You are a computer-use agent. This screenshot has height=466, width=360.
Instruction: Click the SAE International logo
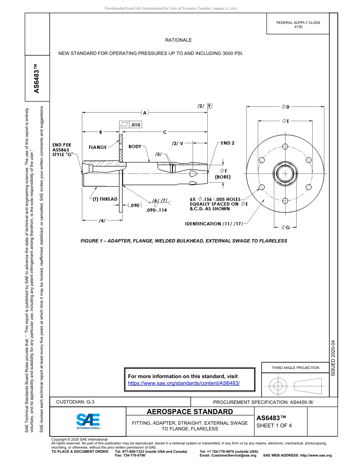(x=88, y=421)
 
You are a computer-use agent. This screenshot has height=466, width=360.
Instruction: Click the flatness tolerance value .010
(x=135, y=125)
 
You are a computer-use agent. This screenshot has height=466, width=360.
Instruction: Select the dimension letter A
(x=145, y=113)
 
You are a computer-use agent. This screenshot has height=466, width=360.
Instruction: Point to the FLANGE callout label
(x=97, y=147)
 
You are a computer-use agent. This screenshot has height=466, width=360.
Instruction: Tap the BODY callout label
(x=135, y=147)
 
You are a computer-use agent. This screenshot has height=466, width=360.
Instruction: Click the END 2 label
(x=228, y=143)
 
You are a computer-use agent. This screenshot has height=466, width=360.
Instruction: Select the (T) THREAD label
(x=105, y=199)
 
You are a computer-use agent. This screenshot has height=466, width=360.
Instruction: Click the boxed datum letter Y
(x=210, y=106)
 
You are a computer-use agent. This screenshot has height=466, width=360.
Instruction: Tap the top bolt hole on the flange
(x=285, y=147)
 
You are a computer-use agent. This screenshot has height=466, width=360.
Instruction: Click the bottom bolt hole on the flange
(x=285, y=200)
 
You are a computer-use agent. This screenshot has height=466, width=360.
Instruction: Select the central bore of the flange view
(x=285, y=174)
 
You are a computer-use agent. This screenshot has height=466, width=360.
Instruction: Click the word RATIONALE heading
(x=178, y=40)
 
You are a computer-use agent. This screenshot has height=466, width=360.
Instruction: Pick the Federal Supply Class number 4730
(x=298, y=27)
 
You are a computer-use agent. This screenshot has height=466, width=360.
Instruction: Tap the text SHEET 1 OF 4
(x=274, y=425)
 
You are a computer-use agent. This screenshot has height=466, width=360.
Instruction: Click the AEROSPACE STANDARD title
(x=189, y=412)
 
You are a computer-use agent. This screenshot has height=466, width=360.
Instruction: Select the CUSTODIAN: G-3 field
(x=75, y=402)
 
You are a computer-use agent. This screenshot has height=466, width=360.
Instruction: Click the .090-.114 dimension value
(x=156, y=210)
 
